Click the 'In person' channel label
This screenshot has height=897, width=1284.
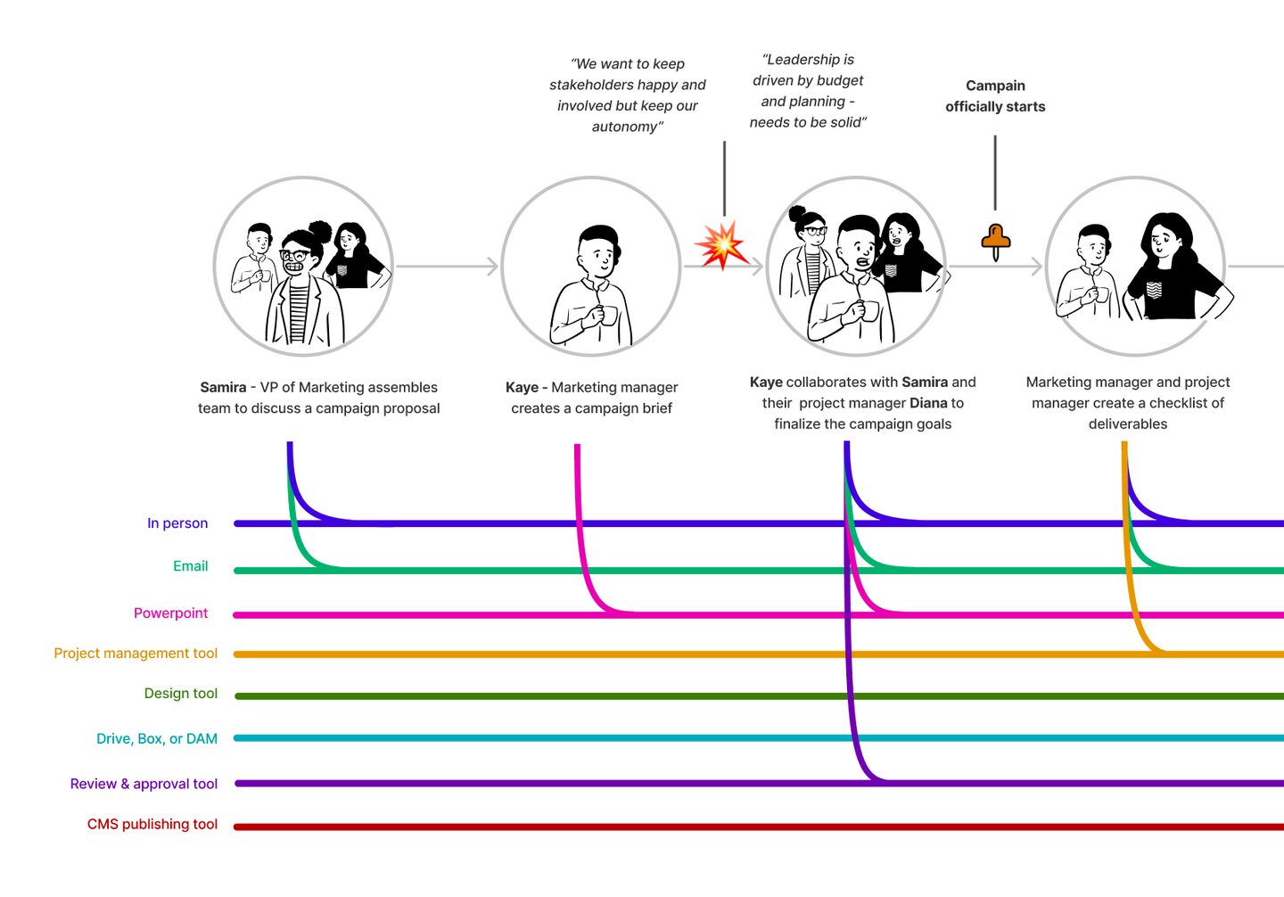[x=177, y=523]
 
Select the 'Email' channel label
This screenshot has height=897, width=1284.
[x=190, y=566]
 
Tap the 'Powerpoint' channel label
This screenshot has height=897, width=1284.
[x=170, y=613]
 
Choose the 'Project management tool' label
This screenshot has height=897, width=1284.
[x=136, y=654]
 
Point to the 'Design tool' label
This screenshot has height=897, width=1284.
[x=181, y=694]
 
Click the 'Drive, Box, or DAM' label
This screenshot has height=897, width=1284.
[x=157, y=739]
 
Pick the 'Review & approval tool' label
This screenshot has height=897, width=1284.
[x=144, y=784]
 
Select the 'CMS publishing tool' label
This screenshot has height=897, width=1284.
[x=152, y=825]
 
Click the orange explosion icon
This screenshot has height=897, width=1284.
[x=720, y=245]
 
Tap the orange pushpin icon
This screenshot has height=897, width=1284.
[x=995, y=240]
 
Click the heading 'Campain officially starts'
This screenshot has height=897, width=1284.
[x=995, y=96]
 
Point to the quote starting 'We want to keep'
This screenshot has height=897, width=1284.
[x=628, y=95]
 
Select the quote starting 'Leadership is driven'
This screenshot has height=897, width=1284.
[x=808, y=91]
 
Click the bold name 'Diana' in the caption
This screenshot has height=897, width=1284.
[x=928, y=403]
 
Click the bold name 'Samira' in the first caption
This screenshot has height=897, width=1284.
[x=223, y=388]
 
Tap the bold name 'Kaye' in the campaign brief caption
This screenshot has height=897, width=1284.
[x=522, y=388]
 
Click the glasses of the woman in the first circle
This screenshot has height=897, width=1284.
[x=295, y=257]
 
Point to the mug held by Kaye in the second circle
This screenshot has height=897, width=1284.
[x=608, y=316]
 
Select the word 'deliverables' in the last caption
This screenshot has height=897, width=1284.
[x=1127, y=424]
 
